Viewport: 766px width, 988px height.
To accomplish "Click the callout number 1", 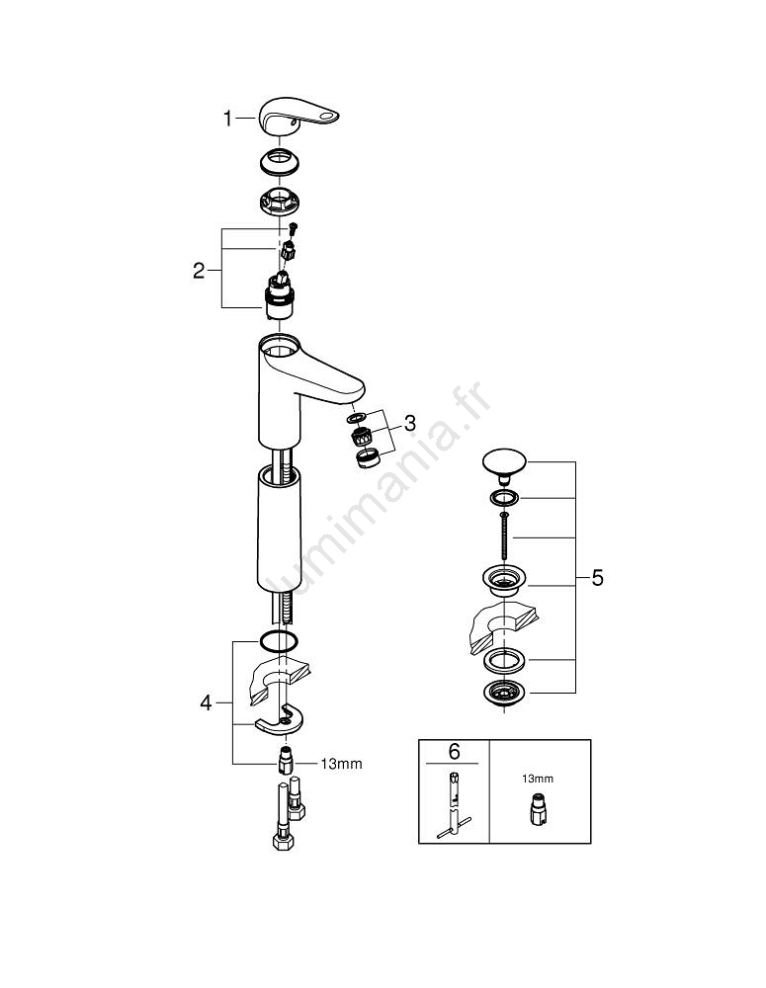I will pyautogui.click(x=228, y=119).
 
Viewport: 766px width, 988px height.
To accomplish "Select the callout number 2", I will pyautogui.click(x=199, y=271).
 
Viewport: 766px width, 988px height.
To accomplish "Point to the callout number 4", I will pyautogui.click(x=206, y=703).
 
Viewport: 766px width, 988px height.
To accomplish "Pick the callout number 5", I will pyautogui.click(x=596, y=578).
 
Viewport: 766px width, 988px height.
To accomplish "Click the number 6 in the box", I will pyautogui.click(x=454, y=751).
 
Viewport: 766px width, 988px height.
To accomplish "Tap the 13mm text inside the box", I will pyautogui.click(x=538, y=779).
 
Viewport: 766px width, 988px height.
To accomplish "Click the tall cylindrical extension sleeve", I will pyautogui.click(x=279, y=529).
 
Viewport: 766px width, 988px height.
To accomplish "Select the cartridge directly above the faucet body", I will pyautogui.click(x=281, y=295).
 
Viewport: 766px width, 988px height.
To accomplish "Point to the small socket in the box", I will pyautogui.click(x=538, y=812).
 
